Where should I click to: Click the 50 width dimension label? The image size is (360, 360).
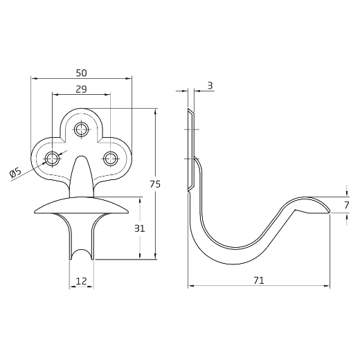(81, 73)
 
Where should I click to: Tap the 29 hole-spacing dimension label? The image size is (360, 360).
(81, 89)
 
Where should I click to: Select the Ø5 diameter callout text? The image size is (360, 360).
(16, 173)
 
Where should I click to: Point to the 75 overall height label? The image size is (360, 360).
(155, 184)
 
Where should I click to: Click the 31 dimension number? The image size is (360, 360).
(139, 228)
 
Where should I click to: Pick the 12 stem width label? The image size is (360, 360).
(81, 281)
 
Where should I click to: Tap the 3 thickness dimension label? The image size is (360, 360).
(210, 86)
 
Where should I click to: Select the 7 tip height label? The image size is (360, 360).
(347, 205)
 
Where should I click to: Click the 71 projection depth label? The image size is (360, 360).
(259, 280)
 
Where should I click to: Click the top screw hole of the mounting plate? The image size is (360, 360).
(81, 129)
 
